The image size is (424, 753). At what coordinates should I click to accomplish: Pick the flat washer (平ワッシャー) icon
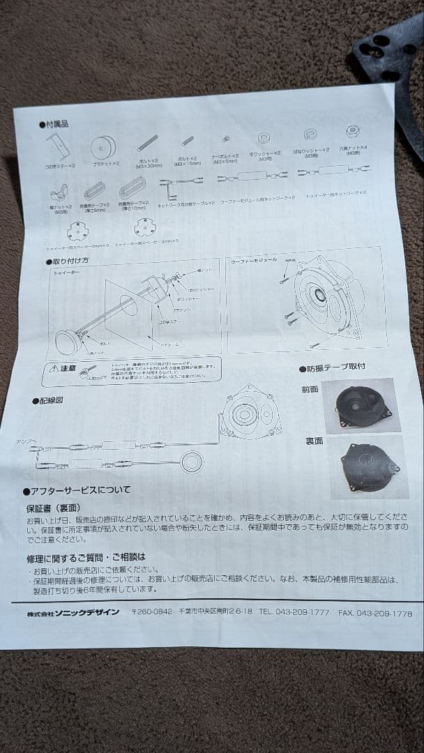click(x=264, y=138)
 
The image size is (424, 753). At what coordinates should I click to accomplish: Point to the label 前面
click(x=310, y=390)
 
